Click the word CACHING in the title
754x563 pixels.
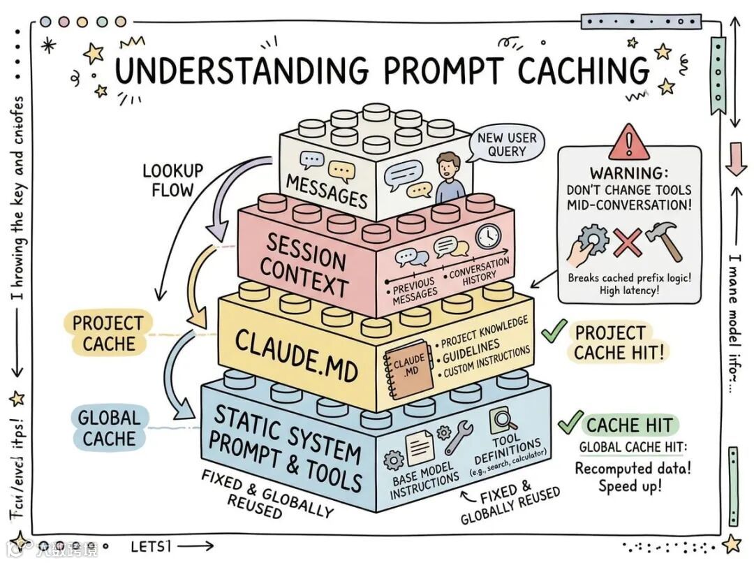(584, 71)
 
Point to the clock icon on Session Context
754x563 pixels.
(489, 236)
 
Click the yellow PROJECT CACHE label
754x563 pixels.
(108, 333)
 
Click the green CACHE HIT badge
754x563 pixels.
(629, 425)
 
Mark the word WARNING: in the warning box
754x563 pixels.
(629, 172)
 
